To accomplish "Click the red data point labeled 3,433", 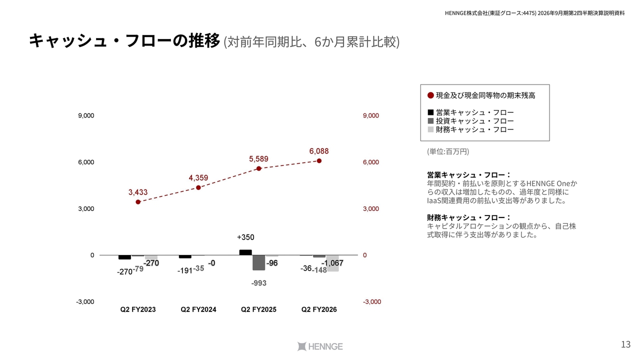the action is click(x=138, y=202).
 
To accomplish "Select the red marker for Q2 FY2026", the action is click(x=319, y=161).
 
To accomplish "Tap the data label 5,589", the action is click(x=258, y=159).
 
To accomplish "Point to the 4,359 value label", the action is click(x=198, y=177).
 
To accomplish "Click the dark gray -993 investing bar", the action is click(x=258, y=262).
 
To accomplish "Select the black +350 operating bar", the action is click(x=245, y=252).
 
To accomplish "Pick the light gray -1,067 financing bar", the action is click(x=332, y=263).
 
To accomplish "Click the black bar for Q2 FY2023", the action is click(x=124, y=257).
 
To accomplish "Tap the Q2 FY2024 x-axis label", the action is click(x=198, y=309).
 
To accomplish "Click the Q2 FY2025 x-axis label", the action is click(x=258, y=309).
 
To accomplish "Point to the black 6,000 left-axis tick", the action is click(x=86, y=162).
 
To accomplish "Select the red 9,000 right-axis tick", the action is click(x=371, y=115).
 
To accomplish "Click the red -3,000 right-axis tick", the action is click(x=371, y=302).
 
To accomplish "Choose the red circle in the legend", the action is click(x=430, y=95).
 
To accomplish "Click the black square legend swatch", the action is click(x=430, y=112).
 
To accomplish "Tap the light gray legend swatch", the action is click(x=430, y=129).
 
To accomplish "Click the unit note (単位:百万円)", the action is click(x=448, y=151).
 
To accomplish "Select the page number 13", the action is click(x=625, y=344).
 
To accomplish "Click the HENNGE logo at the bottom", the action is click(x=319, y=346).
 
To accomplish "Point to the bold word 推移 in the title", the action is click(x=204, y=41).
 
